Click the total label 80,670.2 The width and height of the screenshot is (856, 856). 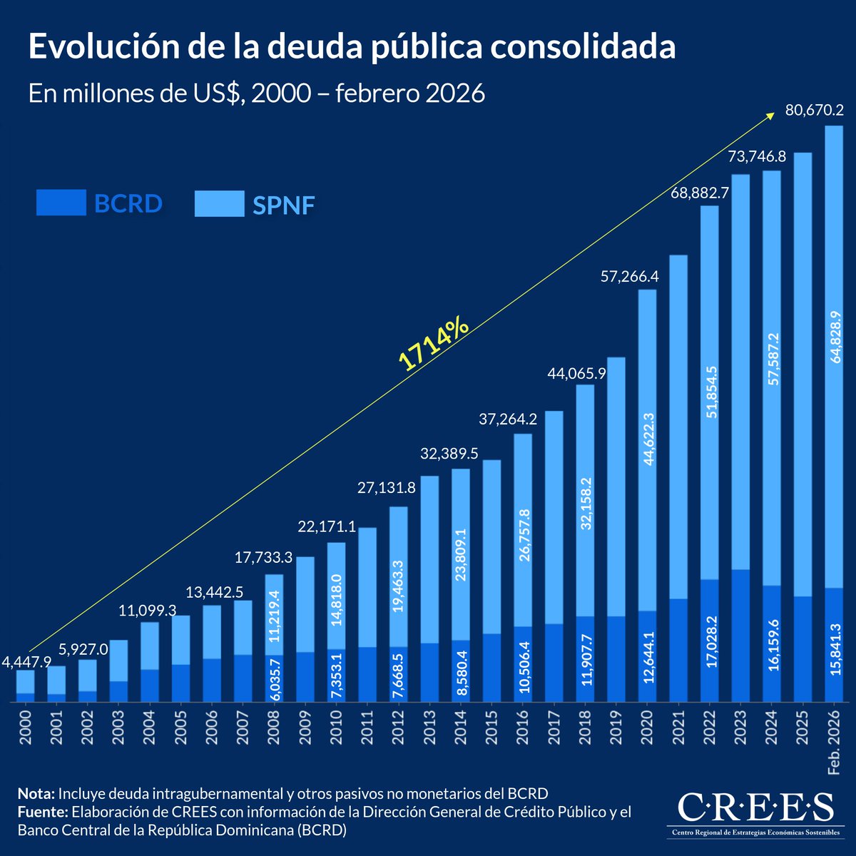(x=814, y=111)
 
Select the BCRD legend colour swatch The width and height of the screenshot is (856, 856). (x=61, y=203)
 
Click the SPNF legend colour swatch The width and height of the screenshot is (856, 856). (x=219, y=204)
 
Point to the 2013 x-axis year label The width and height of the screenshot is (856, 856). (x=429, y=727)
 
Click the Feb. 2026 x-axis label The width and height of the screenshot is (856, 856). (x=834, y=742)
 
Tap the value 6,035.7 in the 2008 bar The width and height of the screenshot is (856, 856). (x=275, y=678)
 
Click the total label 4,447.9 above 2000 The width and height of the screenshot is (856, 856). (x=26, y=662)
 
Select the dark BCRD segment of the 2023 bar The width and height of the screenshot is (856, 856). (x=740, y=635)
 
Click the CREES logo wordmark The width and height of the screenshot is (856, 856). (x=755, y=807)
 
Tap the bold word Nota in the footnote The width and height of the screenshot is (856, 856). (x=36, y=794)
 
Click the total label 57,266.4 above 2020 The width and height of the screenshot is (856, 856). (x=629, y=277)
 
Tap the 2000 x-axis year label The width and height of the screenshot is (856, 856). (x=26, y=727)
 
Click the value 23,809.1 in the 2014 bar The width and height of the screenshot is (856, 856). (x=461, y=556)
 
